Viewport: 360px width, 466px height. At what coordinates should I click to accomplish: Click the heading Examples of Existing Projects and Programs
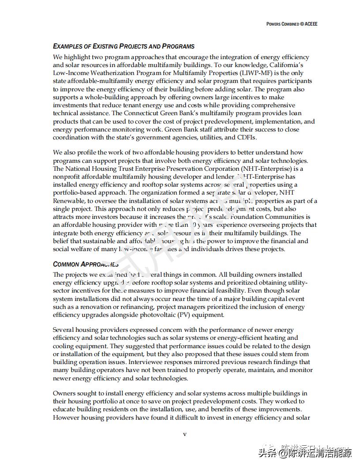124,46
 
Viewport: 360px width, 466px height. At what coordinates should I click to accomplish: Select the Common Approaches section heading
86,264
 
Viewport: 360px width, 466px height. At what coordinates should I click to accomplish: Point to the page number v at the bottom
185,434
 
